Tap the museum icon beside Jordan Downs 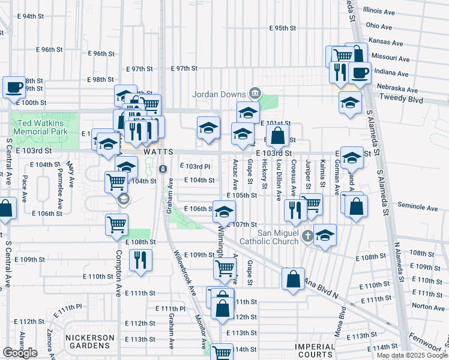(256, 94)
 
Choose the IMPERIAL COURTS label (315, 350)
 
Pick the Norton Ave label (428, 307)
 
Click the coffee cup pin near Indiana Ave (360, 73)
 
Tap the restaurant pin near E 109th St (140, 260)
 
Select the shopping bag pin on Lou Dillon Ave (278, 136)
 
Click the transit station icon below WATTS (163, 169)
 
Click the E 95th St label (283, 28)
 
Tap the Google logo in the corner (20, 353)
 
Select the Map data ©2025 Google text (412, 355)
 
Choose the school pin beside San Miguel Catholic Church (325, 236)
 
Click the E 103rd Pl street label (195, 166)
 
